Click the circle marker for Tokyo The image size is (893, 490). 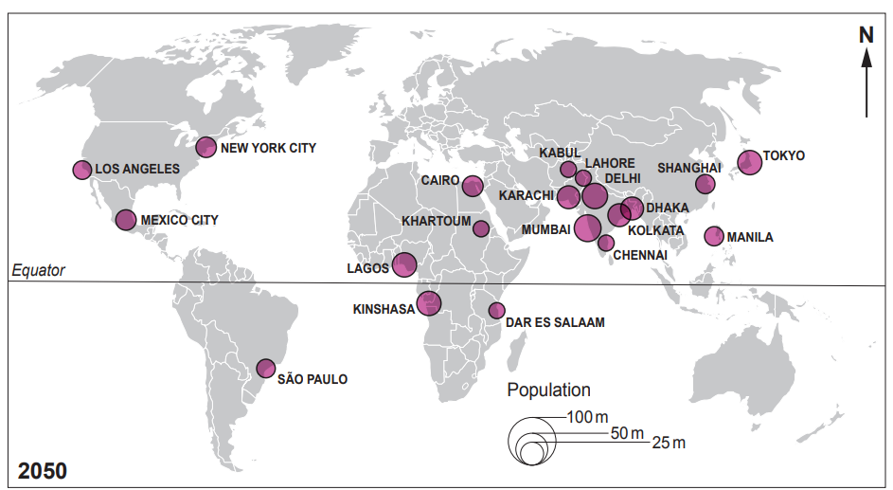[749, 162]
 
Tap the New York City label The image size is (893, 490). [268, 148]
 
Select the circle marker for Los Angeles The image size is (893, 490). [82, 170]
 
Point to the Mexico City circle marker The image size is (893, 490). [126, 220]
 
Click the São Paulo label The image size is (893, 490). [313, 379]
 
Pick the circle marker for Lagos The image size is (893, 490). [404, 264]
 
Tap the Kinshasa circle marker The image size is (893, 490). [430, 302]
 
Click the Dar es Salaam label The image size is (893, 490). [556, 322]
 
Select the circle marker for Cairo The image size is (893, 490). [472, 186]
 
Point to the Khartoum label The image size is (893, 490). [436, 221]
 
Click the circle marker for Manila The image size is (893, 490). [714, 236]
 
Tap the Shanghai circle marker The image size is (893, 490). [705, 184]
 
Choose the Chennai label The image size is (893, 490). [641, 254]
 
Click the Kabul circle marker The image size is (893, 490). [568, 170]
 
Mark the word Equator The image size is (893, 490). [38, 271]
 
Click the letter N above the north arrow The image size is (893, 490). [866, 35]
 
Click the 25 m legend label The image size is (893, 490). [669, 443]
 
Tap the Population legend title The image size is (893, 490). [548, 390]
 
